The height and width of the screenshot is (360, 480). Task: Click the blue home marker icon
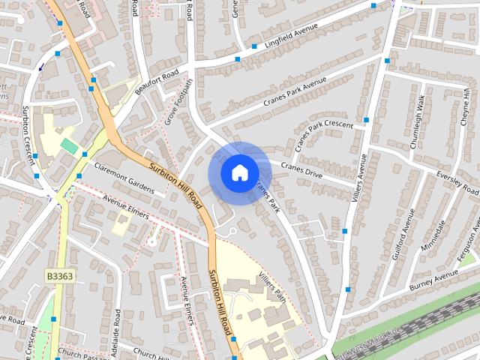239,173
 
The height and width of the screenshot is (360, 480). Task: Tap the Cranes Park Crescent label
322,133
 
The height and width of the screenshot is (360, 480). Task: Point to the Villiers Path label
271,286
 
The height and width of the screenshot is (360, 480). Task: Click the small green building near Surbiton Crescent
69,145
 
